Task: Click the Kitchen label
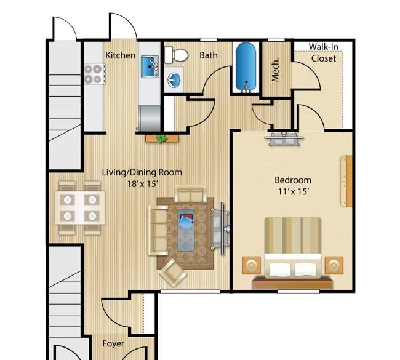121,55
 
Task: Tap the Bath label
209,55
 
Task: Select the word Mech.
275,71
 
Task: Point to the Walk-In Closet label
324,52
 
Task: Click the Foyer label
113,343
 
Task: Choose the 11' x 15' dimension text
294,191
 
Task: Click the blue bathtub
246,67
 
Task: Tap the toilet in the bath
176,55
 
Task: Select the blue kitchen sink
150,67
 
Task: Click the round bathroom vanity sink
174,80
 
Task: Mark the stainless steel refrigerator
150,119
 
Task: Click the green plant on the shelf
162,139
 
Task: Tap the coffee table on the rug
186,230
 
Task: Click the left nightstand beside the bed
252,266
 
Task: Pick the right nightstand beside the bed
334,266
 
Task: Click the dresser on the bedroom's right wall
346,181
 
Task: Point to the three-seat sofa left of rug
158,230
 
